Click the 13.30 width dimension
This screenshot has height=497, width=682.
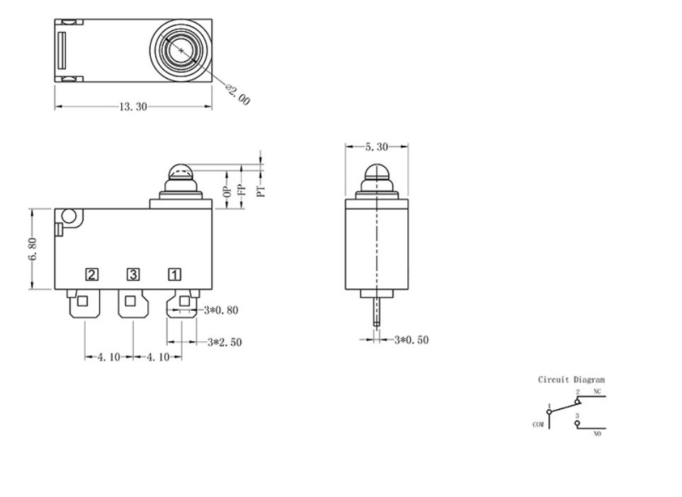pos(133,107)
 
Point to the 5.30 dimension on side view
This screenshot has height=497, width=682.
pos(376,147)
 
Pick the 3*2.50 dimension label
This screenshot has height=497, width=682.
pos(225,342)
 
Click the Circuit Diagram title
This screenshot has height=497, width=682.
pos(572,380)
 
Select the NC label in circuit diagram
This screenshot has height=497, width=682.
pos(597,392)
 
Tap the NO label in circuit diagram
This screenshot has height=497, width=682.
pos(597,434)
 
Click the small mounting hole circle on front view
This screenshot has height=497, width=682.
pos(69,216)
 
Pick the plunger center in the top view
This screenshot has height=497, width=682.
pos(182,50)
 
